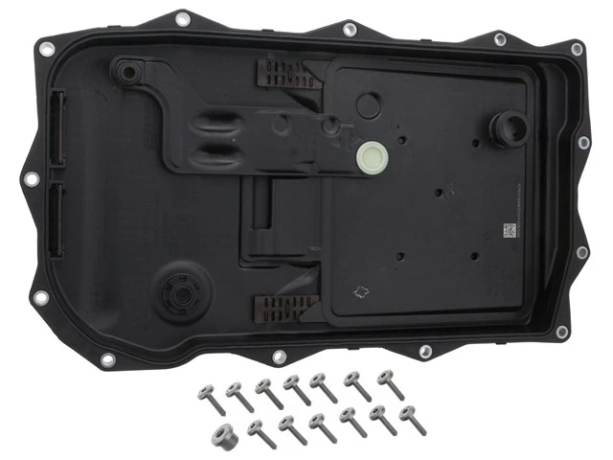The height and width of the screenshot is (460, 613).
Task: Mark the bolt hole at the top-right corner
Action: (577, 49)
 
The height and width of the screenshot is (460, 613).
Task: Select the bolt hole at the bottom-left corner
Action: (40, 299)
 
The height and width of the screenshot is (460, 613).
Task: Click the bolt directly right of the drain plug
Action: (258, 429)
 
